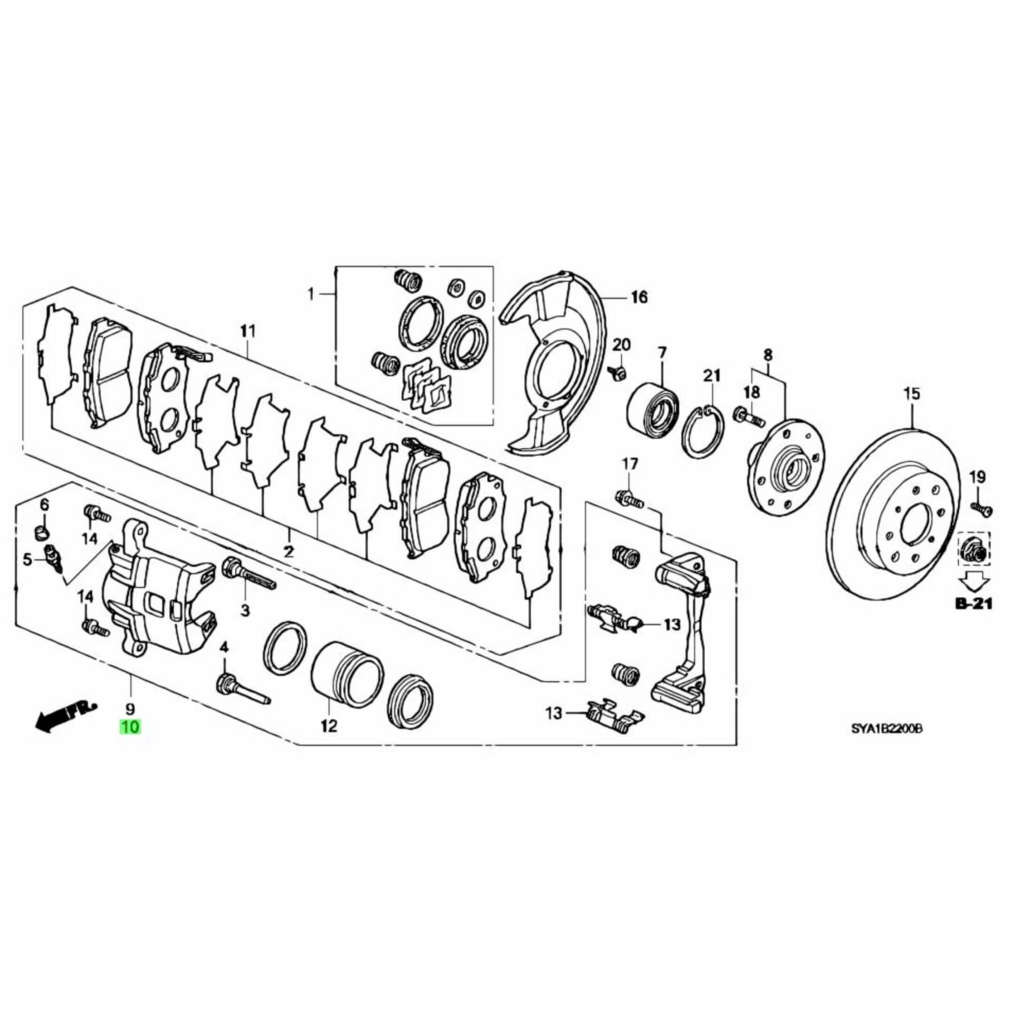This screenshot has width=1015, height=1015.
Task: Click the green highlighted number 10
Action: click(130, 727)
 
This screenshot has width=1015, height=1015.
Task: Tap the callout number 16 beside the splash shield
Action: click(639, 297)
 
